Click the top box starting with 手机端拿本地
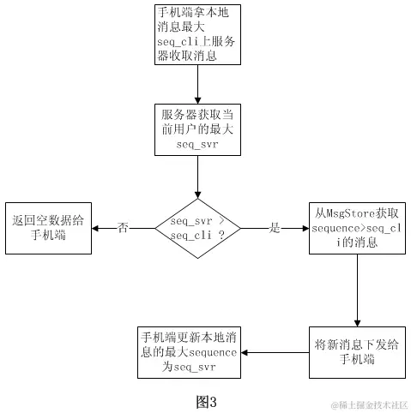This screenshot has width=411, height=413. pyautogui.click(x=198, y=35)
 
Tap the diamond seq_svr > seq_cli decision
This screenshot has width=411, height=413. pyautogui.click(x=198, y=228)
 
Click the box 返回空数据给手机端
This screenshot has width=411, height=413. pyautogui.click(x=48, y=228)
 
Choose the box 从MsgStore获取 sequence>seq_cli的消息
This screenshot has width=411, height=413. pyautogui.click(x=356, y=228)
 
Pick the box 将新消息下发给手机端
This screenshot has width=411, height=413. pyautogui.click(x=356, y=352)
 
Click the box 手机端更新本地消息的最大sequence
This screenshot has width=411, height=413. pyautogui.click(x=190, y=352)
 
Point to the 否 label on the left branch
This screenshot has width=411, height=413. pyautogui.click(x=123, y=228)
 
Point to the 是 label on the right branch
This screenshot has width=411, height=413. pyautogui.click(x=275, y=228)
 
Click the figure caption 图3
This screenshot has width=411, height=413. pyautogui.click(x=206, y=400)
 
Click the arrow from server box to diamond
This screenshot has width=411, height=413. pyautogui.click(x=198, y=177)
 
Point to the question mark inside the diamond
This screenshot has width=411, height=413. pyautogui.click(x=222, y=236)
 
